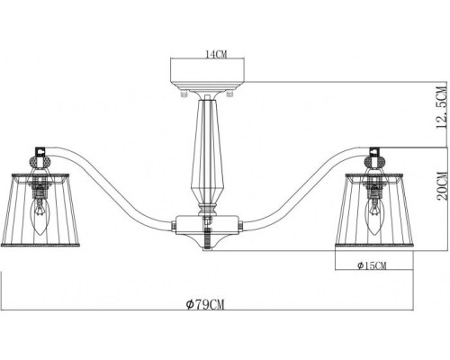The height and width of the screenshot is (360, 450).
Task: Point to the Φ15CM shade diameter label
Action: [371, 266]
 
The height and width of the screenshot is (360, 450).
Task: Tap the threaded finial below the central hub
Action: [207, 241]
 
